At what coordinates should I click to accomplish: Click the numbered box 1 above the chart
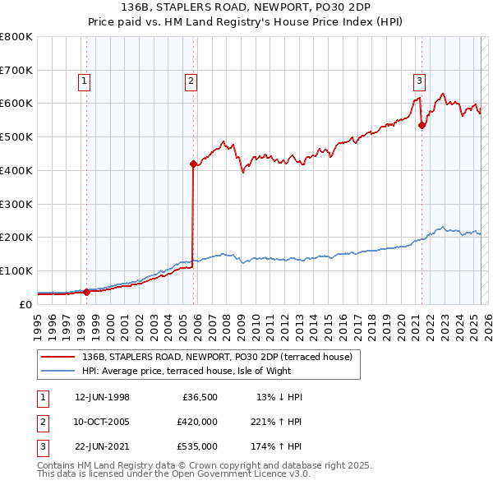point(85,81)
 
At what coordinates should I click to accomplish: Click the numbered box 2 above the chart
point(191,81)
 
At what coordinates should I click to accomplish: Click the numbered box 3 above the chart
point(419,81)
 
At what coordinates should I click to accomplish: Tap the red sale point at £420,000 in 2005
point(193,164)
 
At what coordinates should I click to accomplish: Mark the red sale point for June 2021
point(422,125)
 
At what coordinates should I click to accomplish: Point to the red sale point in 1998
point(87,291)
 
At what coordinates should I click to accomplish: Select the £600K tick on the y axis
point(17,104)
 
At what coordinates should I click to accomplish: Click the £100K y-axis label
point(17,270)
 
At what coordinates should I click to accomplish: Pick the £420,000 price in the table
point(197,422)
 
